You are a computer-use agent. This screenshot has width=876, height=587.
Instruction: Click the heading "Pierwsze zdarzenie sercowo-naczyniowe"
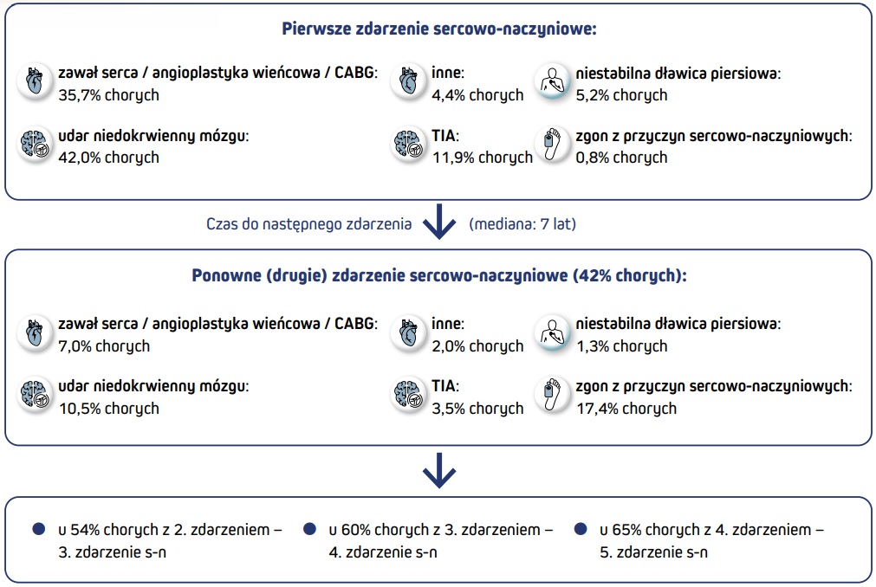(x=439, y=29)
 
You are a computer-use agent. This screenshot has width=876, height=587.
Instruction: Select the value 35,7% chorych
(x=108, y=95)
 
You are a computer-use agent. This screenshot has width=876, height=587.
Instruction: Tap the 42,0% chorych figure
(x=108, y=158)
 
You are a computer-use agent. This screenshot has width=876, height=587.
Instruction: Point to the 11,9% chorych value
(x=482, y=158)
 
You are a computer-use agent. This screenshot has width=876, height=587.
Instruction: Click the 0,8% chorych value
(x=621, y=158)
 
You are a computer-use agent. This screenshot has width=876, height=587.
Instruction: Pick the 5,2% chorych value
(x=621, y=95)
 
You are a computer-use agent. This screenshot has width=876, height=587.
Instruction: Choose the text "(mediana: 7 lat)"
(x=522, y=224)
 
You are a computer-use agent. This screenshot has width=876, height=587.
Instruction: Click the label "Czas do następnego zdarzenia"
(x=308, y=224)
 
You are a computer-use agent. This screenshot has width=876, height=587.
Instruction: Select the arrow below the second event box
(x=438, y=473)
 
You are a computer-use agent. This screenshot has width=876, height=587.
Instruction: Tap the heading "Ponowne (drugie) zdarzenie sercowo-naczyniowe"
(x=439, y=276)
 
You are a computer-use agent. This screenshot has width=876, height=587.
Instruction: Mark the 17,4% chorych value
(x=626, y=408)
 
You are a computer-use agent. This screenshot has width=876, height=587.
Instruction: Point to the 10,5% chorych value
(x=108, y=408)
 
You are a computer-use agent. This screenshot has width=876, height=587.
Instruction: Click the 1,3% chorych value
(x=621, y=345)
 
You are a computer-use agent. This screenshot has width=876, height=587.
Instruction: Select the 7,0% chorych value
(x=104, y=345)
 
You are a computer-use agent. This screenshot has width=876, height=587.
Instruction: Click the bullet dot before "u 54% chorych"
(x=37, y=529)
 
